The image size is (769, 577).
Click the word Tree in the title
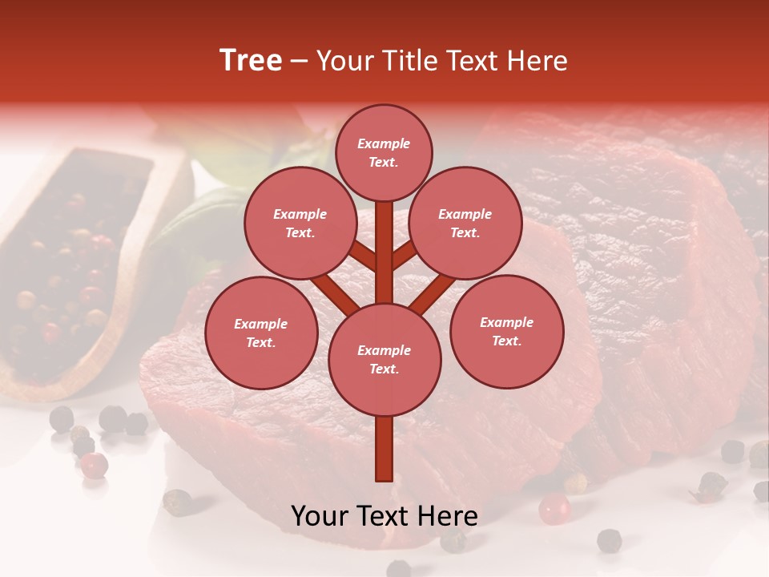click(251, 61)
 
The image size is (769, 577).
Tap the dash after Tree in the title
click(300, 62)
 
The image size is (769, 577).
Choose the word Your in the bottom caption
click(320, 516)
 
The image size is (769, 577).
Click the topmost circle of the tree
click(384, 153)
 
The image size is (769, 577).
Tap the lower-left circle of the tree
click(261, 333)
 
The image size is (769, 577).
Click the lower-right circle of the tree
click(506, 331)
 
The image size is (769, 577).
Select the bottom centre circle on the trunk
click(384, 360)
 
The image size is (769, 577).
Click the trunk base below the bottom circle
click(384, 449)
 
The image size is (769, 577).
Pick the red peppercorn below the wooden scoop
click(95, 465)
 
